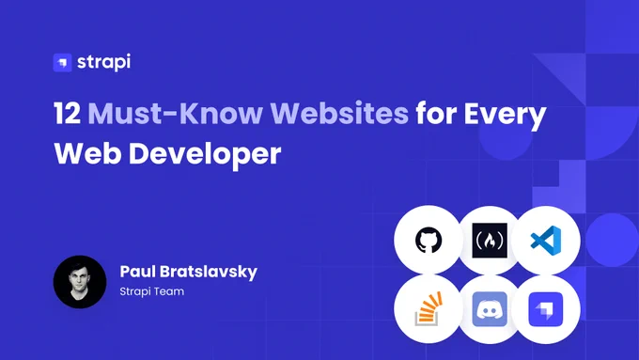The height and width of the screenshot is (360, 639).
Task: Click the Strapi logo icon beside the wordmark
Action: point(62,62)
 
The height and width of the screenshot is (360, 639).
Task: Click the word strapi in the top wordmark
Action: point(104,62)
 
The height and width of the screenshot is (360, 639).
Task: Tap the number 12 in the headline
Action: point(67,113)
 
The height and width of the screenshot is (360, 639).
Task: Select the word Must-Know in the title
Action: point(176,113)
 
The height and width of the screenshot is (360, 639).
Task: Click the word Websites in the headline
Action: point(339,113)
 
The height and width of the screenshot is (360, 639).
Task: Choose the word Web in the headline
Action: point(87,154)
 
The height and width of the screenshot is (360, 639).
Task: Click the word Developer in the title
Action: point(205,155)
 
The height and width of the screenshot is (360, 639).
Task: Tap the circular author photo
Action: point(80,282)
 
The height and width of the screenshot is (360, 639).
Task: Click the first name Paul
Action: point(136,272)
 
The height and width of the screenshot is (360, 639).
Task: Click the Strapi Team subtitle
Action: point(152,291)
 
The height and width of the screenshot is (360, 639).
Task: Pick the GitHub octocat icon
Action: point(429,240)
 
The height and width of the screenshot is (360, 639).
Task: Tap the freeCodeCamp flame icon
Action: point(490,240)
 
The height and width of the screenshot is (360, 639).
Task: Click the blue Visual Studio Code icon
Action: point(546,241)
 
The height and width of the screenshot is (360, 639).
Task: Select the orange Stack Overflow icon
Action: point(429,308)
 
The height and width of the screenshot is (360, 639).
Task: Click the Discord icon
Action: point(490,309)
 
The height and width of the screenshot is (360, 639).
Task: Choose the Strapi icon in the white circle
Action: point(546,309)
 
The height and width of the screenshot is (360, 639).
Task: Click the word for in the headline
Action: point(436,113)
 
